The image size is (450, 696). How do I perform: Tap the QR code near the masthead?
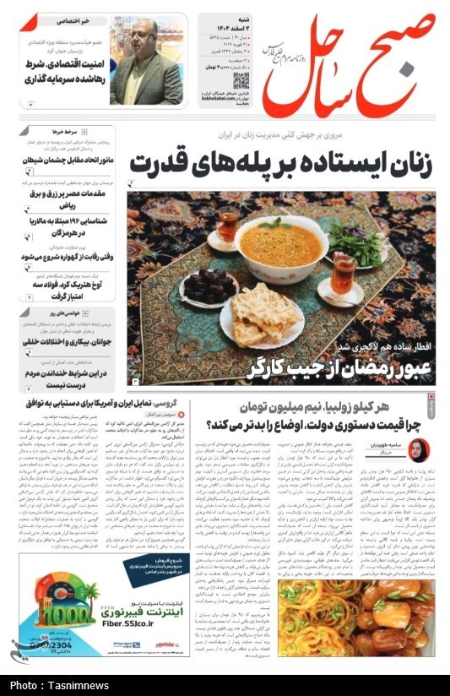[x=242, y=80]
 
